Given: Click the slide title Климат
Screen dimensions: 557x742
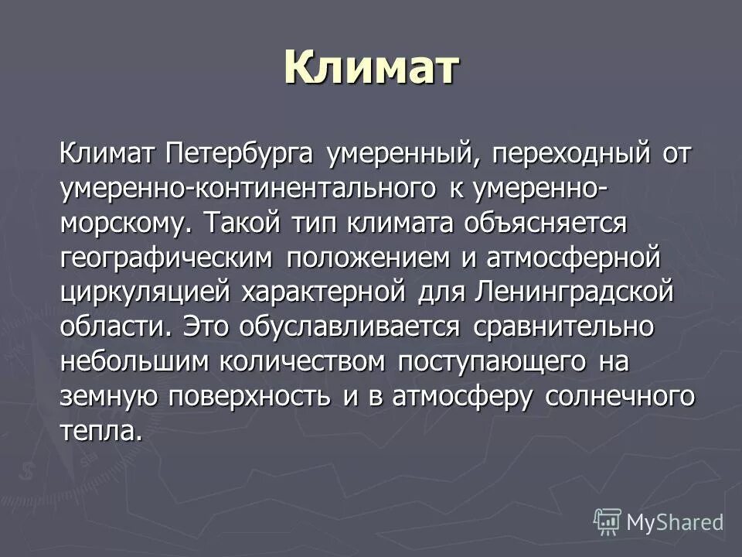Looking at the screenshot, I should pyautogui.click(x=371, y=68).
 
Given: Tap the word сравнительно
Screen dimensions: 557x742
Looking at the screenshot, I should pyautogui.click(x=560, y=326).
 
